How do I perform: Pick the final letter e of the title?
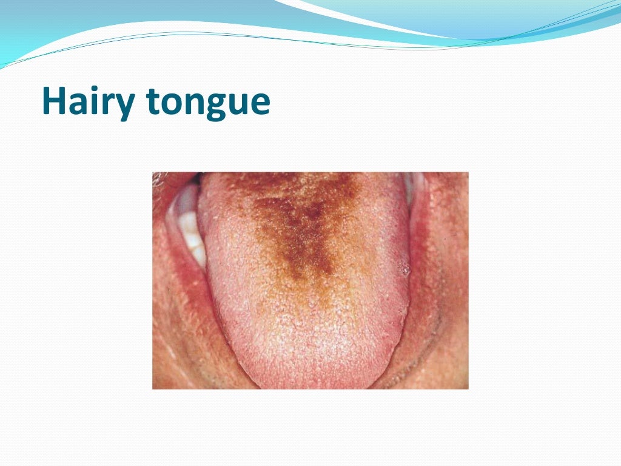[259, 103]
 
